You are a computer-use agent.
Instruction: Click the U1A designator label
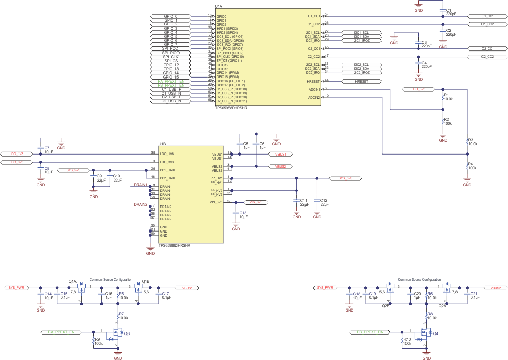pos(218,7)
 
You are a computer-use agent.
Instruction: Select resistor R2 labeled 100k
pos(443,121)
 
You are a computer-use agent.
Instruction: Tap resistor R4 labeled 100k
pos(467,166)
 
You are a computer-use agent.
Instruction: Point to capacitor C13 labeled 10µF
pos(236,215)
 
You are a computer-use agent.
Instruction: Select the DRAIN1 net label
pos(140,185)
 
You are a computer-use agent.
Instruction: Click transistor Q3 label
pos(128,333)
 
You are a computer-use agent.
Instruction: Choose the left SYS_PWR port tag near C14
pos(17,288)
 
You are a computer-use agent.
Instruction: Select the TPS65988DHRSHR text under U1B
pos(174,245)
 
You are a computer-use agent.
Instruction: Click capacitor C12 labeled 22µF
pos(317,202)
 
